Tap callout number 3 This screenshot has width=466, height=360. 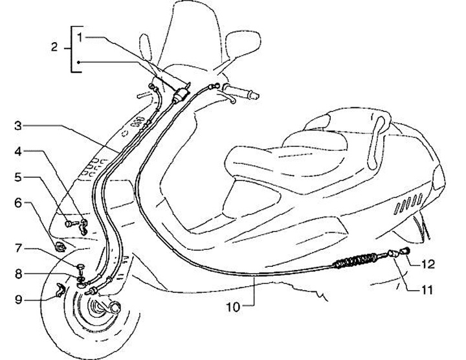click(19, 126)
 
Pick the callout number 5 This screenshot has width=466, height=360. click(19, 175)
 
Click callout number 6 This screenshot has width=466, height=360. click(19, 203)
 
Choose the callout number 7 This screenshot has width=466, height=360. click(19, 248)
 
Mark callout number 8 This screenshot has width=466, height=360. click(19, 274)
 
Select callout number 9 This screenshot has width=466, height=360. click(19, 299)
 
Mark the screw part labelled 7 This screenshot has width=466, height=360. click(80, 265)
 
